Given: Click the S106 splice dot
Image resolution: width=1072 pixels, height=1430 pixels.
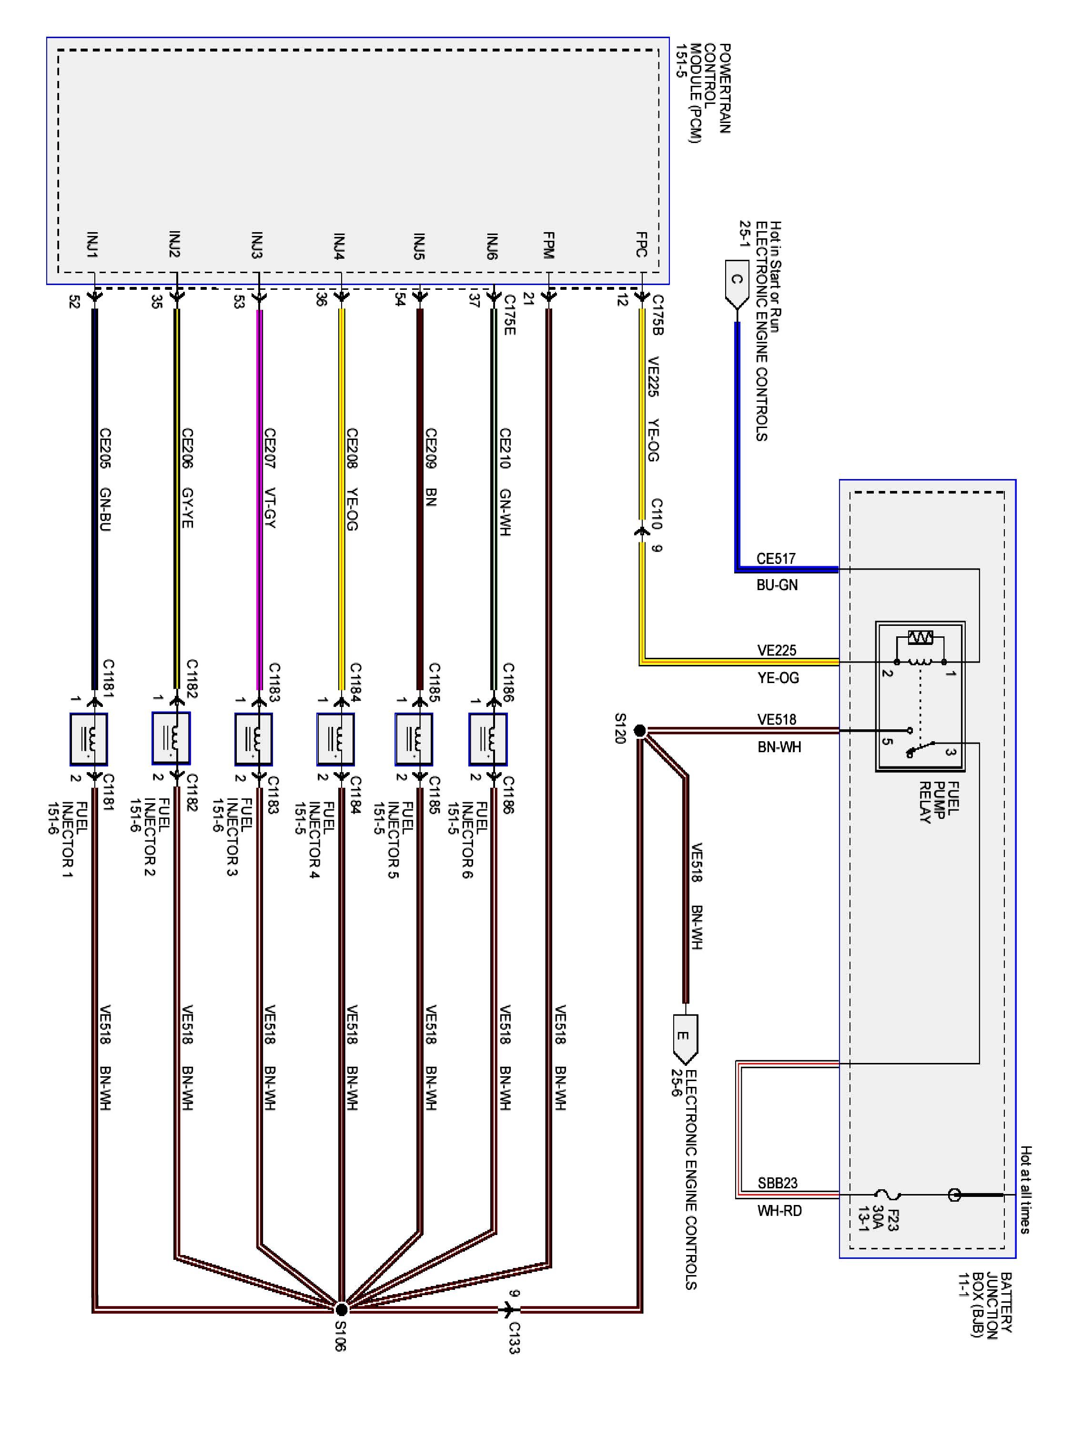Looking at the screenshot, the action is tap(342, 1309).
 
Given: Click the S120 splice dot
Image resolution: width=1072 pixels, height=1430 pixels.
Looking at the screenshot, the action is tap(640, 731).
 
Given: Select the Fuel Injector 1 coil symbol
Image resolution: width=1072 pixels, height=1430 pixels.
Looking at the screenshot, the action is tap(89, 739).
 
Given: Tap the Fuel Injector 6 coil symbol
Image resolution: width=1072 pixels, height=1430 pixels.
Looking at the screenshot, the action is tap(488, 739).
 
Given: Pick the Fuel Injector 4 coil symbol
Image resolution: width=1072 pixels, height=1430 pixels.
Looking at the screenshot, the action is tap(335, 739).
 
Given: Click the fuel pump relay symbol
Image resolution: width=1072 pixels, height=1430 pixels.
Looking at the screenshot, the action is tap(920, 696).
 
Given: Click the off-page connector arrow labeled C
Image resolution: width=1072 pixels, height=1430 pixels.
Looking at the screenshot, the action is tap(737, 283).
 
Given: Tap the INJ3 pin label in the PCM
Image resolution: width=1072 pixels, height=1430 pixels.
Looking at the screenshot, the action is tap(257, 245).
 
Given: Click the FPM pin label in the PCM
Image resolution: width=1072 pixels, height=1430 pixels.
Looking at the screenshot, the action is tap(548, 245).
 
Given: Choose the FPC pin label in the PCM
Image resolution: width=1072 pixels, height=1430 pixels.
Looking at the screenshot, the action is tap(642, 245).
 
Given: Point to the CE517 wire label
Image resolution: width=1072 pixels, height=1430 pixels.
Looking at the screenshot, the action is tap(776, 558).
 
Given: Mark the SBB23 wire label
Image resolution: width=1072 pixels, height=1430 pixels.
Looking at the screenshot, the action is tap(778, 1183).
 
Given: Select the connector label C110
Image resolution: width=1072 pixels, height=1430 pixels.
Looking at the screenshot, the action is tap(657, 513).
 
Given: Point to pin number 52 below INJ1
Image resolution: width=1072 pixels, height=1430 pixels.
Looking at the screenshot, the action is tap(74, 301).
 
